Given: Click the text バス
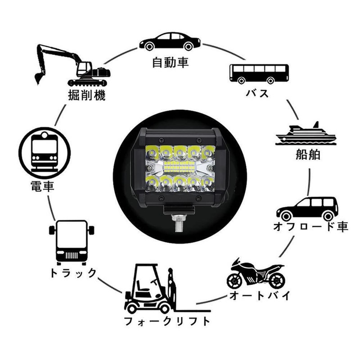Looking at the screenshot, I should point(257,94).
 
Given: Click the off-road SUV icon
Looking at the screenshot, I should point(307,208).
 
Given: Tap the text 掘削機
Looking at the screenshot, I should point(87,95).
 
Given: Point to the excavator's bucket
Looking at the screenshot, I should point(39,79).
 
